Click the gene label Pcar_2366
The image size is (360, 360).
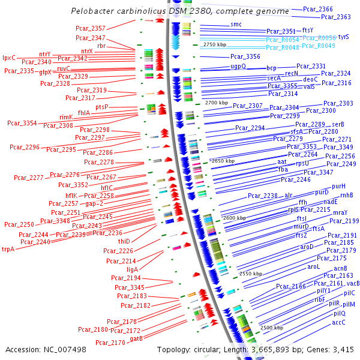(318, 10)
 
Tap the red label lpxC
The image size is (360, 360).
(8, 58)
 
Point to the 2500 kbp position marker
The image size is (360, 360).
(271, 328)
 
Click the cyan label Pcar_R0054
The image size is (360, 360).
(282, 39)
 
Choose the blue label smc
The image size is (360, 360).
(236, 25)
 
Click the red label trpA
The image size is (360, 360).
(8, 249)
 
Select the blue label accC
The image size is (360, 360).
(339, 322)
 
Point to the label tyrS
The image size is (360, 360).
(344, 37)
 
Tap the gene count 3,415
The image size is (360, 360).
(342, 349)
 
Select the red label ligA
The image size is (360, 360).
(132, 269)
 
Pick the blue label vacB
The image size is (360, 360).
(353, 283)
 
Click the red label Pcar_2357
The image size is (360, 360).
(91, 28)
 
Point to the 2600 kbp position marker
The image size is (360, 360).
(234, 218)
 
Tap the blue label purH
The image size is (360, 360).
(338, 187)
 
